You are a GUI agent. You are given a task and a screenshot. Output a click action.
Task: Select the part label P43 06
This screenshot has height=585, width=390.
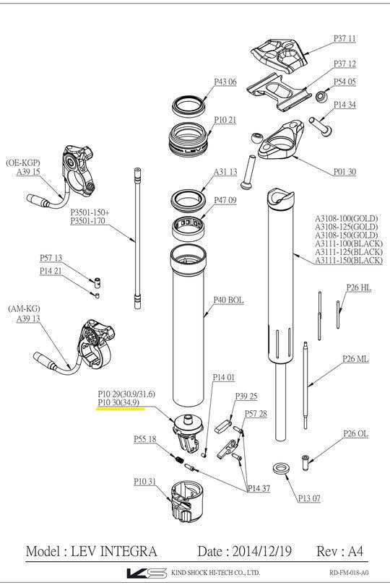[225, 82]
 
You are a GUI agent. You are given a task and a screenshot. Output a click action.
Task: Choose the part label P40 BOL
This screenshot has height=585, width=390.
[227, 300]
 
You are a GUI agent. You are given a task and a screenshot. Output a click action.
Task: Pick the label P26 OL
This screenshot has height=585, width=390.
[356, 433]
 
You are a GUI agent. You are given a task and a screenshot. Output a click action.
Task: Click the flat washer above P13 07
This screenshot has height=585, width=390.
[282, 469]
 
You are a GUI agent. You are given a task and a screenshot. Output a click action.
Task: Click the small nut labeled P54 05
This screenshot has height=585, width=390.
[322, 95]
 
